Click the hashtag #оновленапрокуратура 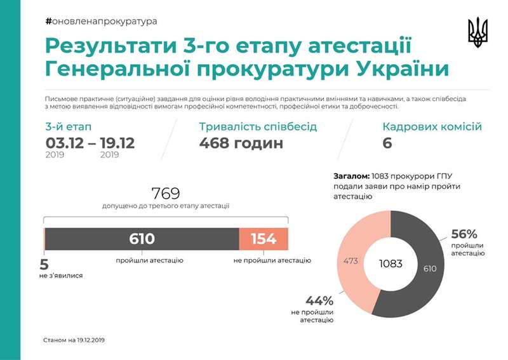(102, 21)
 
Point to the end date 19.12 (117, 142)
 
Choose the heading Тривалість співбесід (258, 126)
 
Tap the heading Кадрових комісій (432, 126)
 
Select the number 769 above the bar (166, 192)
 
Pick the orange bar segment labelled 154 (264, 239)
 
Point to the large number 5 (44, 265)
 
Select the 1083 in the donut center (391, 263)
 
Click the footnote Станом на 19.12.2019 (74, 340)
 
